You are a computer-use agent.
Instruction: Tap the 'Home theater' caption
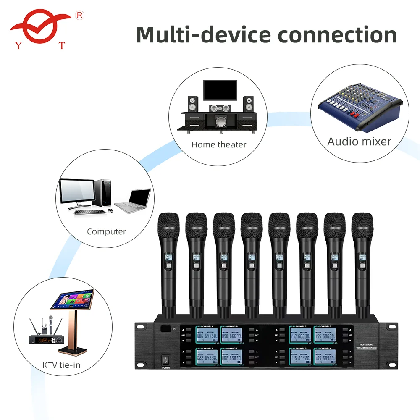coord(219,145)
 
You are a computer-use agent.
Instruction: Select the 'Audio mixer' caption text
coord(359,142)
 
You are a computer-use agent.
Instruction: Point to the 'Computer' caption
coord(106,231)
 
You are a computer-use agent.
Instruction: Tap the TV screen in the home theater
coord(220,90)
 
